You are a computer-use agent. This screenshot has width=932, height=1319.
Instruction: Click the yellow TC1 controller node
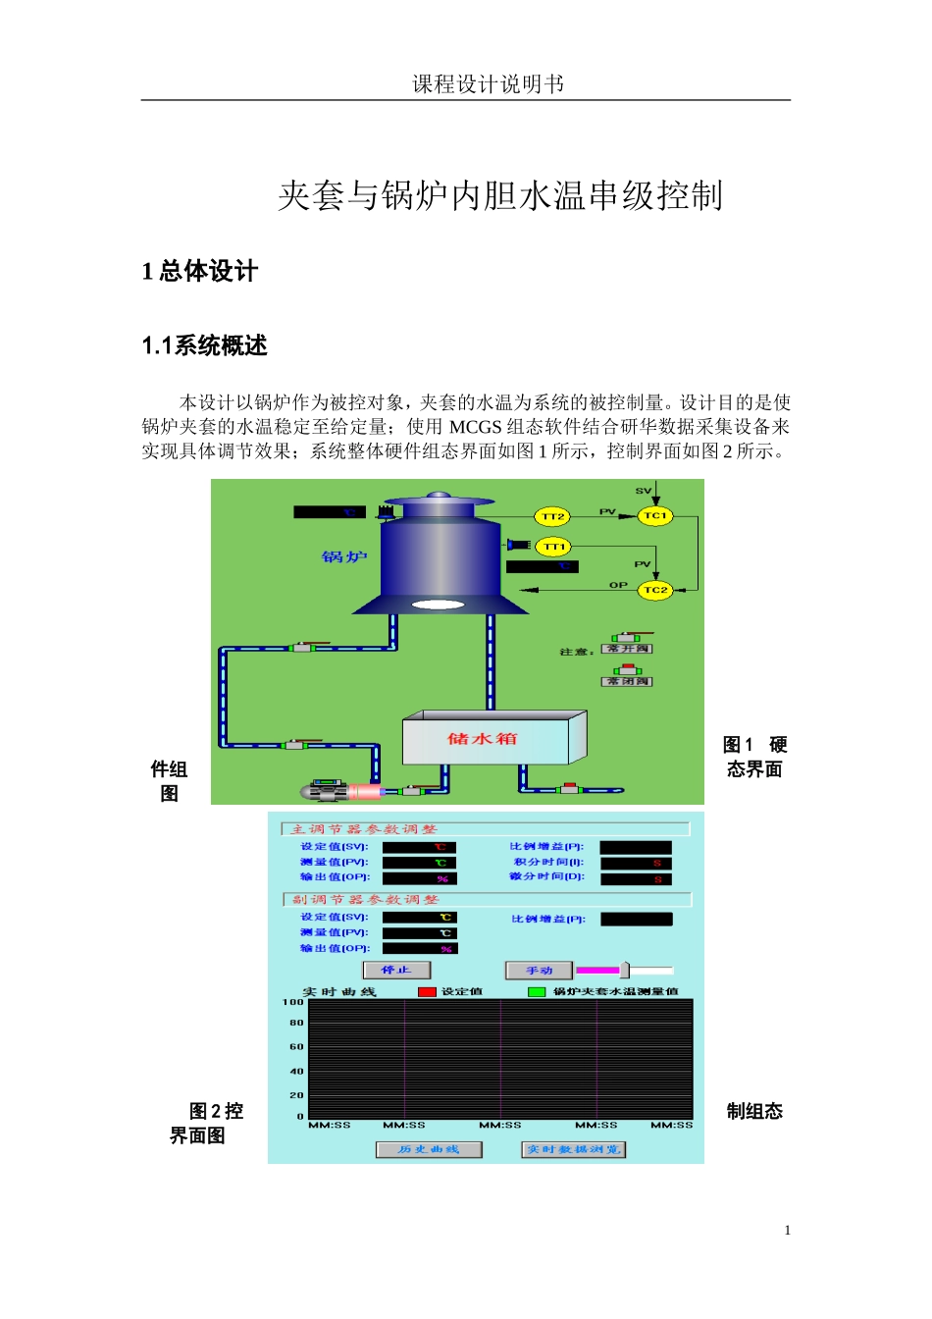coord(655,515)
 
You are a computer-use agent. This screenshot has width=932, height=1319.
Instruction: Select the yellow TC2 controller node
coord(655,590)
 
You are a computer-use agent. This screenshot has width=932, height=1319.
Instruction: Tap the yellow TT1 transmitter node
coord(554,547)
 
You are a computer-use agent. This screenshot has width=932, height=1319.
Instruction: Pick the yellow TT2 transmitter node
coord(553,516)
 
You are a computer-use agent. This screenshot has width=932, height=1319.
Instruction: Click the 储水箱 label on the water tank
coord(482,739)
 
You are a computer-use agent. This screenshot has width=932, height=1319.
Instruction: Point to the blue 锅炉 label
coord(344,557)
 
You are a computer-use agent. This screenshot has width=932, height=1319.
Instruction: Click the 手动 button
coord(539,971)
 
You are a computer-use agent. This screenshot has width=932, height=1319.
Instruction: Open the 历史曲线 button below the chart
coord(429,1149)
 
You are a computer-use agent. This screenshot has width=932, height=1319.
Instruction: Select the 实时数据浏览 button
coord(573,1149)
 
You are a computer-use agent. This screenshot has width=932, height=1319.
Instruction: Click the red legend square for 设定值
coord(427,992)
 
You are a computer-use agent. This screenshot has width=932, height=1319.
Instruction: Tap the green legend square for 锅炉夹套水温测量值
coord(537,992)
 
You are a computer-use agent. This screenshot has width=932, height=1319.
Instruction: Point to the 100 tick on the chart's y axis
coord(293,1002)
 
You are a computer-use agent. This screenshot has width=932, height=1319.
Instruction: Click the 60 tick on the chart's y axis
coord(296,1047)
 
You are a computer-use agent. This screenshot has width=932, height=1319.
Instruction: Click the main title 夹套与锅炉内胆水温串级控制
coord(500,195)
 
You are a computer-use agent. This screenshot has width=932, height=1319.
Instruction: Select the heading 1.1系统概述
coord(204,345)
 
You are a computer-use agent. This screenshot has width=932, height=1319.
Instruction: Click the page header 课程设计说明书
coord(488,84)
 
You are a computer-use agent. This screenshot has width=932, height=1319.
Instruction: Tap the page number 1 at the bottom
coord(787,1231)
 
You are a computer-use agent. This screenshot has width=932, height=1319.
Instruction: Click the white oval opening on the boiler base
coord(438,605)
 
